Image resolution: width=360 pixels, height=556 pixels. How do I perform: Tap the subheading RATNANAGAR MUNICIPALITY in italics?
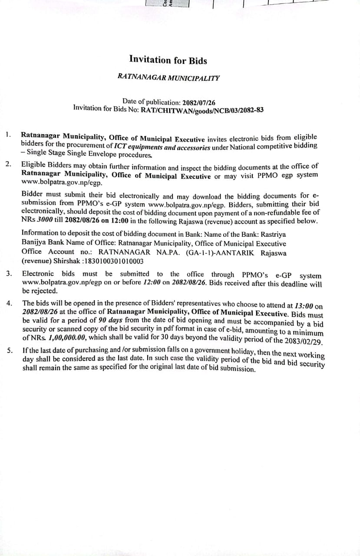pos(168,77)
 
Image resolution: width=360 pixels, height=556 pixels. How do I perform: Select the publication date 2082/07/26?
pos(199,103)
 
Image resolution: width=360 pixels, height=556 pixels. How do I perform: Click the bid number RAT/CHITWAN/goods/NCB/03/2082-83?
pos(201,110)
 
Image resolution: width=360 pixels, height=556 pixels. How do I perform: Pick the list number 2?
pos(8,164)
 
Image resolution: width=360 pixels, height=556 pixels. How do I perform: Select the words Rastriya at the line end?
pos(273,234)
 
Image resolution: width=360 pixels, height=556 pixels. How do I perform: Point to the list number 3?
pos(9,273)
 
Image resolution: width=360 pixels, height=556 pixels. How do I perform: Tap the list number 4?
pos(9,303)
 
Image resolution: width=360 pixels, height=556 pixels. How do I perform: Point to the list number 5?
pos(9,350)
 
